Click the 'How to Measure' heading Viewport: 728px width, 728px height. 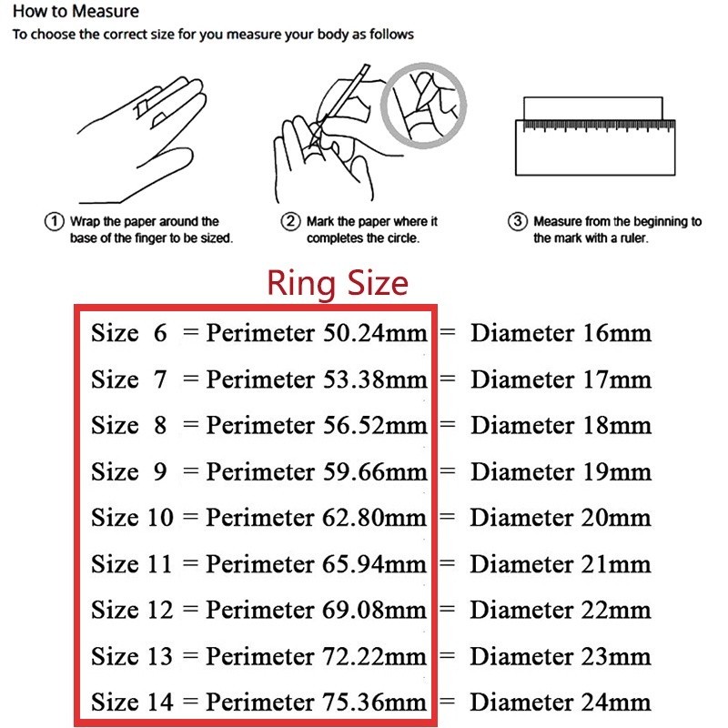75,13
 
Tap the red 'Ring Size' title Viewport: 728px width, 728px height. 337,283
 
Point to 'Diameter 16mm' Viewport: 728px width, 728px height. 561,332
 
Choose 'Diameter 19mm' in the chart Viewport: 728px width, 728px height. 561,471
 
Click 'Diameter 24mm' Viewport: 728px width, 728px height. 561,702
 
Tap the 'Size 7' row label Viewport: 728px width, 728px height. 128,379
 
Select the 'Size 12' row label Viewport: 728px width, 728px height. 131,609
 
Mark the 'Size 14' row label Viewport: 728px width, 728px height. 131,702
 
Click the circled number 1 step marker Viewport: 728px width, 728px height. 53,222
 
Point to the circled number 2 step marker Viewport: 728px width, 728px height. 290,222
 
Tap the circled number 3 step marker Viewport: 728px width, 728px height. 517,222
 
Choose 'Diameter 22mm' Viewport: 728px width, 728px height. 561,609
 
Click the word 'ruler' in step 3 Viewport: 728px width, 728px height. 629,238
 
